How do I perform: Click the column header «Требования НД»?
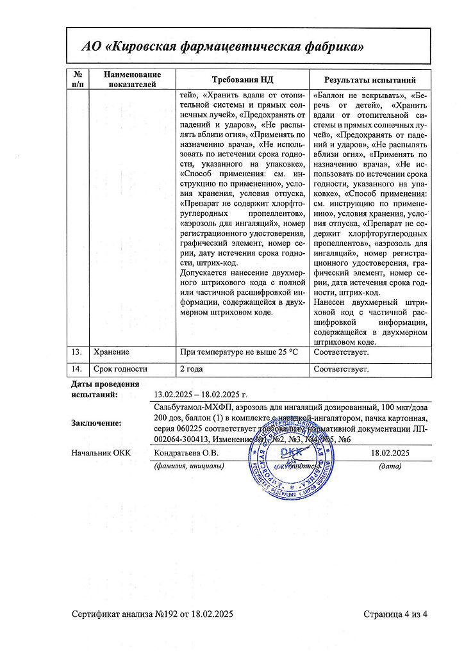point(243,79)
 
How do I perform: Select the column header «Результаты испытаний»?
point(370,79)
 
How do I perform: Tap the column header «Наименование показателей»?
point(133,79)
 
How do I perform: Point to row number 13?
point(77,352)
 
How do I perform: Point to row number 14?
point(77,369)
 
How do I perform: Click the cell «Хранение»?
point(112,352)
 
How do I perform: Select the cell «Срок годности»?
point(120,369)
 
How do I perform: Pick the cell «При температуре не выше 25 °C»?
point(240,352)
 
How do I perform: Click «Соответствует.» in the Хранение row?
point(341,352)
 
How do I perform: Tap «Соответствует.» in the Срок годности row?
point(341,369)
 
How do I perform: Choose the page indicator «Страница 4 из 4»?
point(395,614)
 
